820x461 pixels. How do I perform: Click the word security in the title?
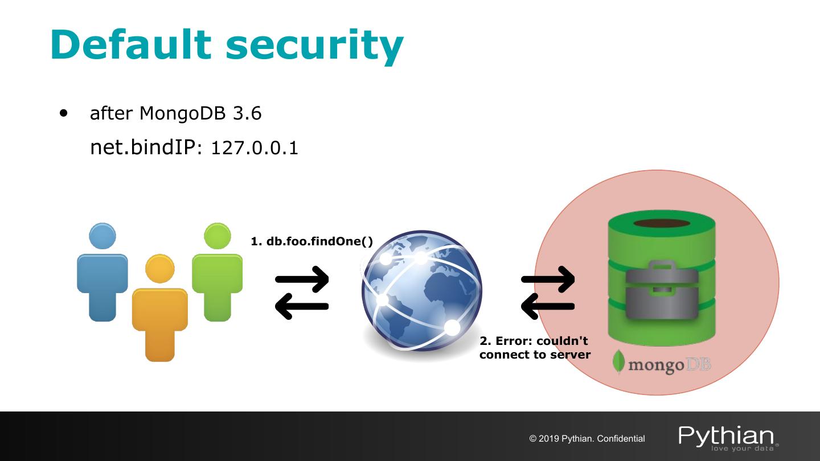[314, 46]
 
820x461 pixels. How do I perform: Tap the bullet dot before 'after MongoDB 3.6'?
[64, 113]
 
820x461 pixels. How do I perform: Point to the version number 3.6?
[247, 114]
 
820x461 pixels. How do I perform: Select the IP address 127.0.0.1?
[255, 149]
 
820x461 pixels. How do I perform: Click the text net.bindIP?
[143, 148]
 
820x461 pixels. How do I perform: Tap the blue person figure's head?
[102, 236]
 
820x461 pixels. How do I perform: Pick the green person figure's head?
[217, 236]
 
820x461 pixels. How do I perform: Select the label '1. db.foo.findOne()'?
[312, 241]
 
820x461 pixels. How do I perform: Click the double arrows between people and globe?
[302, 293]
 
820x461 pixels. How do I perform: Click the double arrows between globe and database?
[548, 293]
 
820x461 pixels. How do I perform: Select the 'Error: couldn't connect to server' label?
[535, 348]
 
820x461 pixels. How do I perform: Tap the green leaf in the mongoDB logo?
[619, 361]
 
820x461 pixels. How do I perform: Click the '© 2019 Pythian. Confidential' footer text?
[587, 439]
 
